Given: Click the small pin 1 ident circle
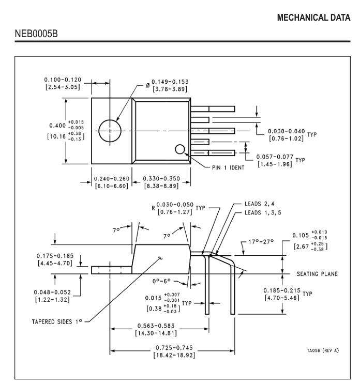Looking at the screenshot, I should coord(180,149).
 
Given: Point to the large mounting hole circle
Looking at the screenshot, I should coord(110,130).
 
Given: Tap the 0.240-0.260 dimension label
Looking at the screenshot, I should coord(111,182).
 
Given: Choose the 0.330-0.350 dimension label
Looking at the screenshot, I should coord(161,182).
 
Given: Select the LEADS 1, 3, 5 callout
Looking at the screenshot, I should coord(262,212).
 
